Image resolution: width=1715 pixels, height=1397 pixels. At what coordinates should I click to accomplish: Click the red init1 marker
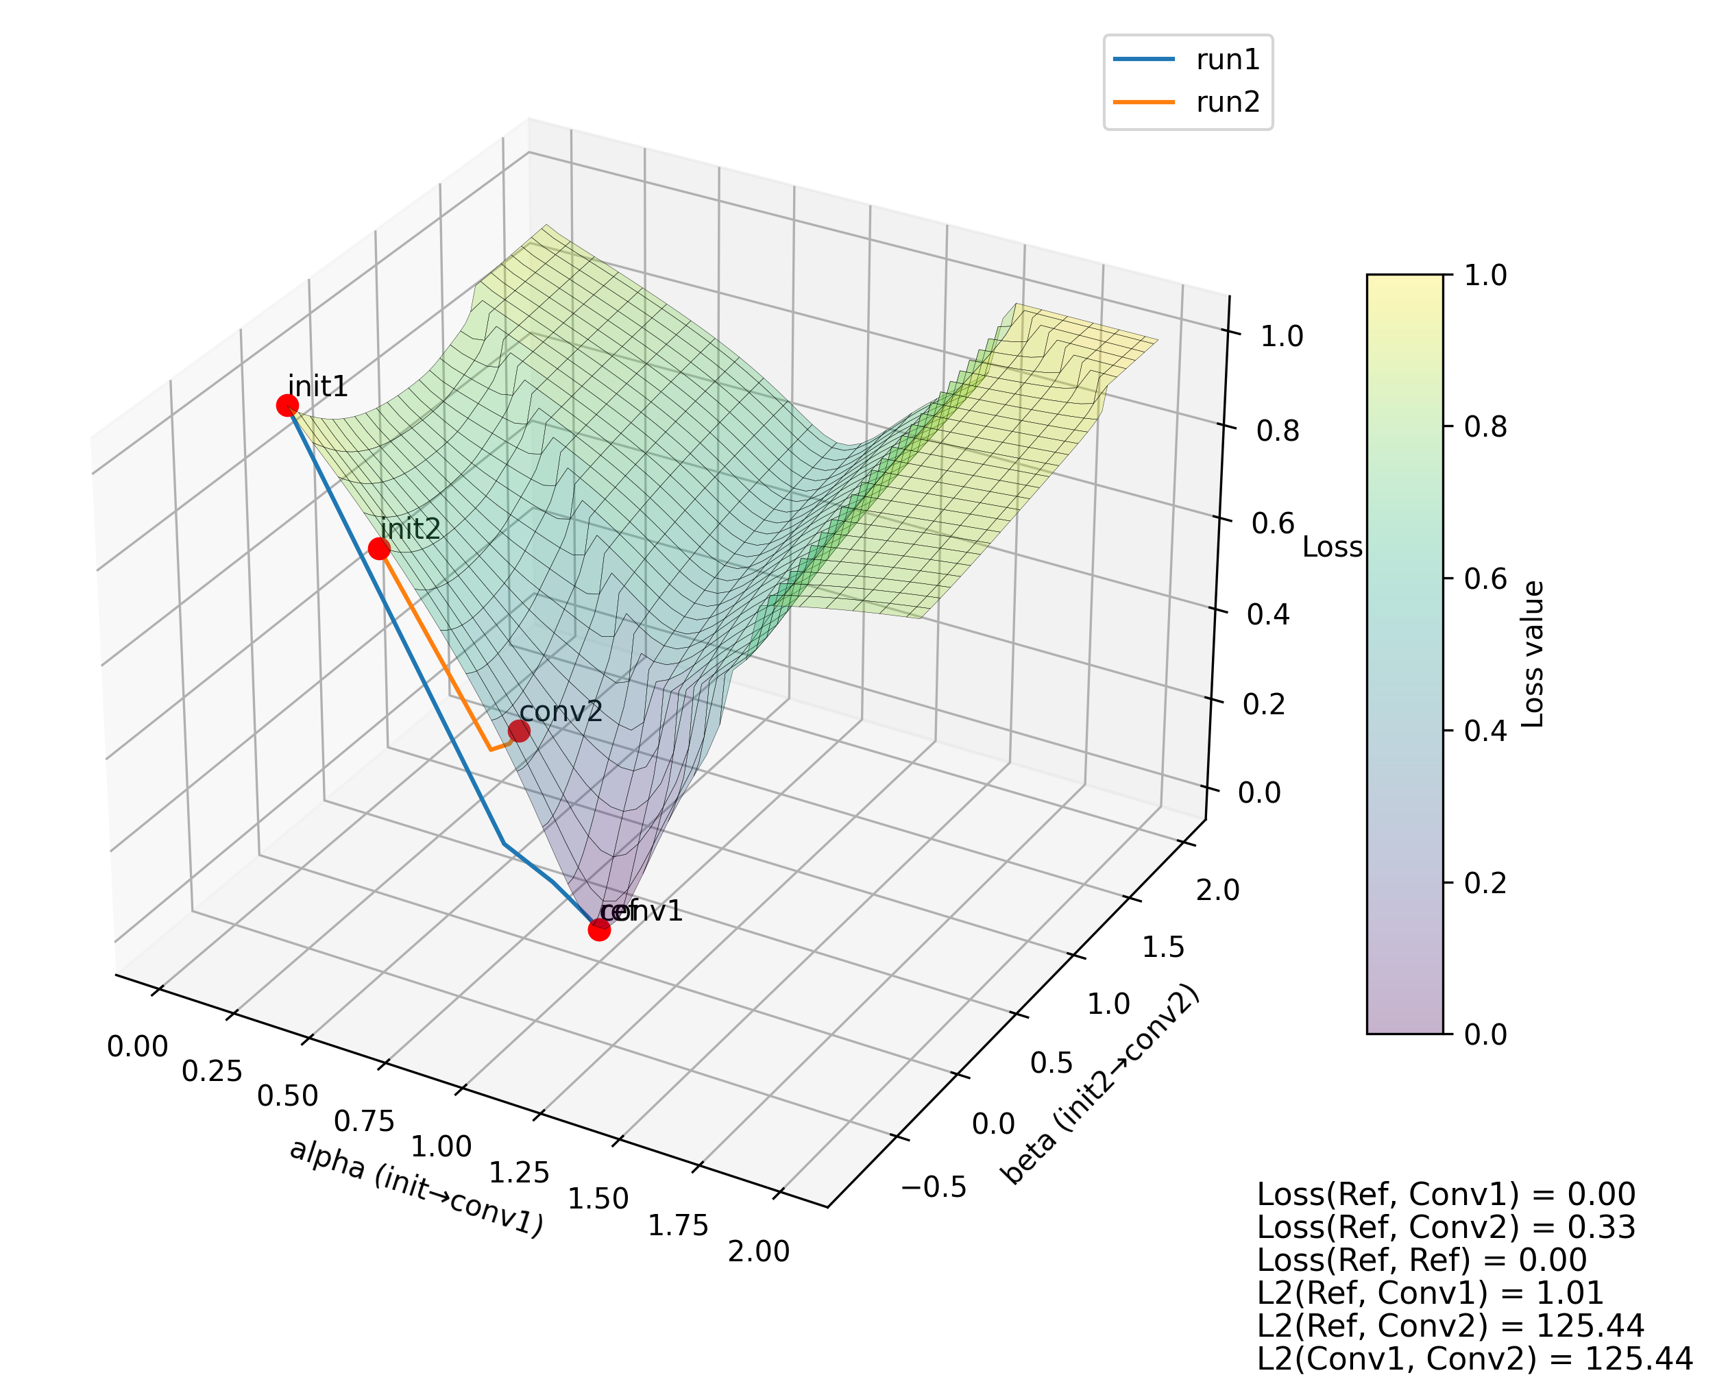tap(287, 406)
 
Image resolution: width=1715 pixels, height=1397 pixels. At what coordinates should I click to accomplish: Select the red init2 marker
tap(379, 549)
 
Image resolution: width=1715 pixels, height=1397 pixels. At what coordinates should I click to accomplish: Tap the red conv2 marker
tap(519, 731)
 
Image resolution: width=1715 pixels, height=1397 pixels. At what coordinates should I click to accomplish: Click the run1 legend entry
tap(1187, 60)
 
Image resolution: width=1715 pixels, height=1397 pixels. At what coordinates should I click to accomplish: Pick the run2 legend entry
tap(1187, 102)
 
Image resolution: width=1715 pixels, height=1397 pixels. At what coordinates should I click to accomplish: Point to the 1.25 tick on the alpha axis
tap(519, 1172)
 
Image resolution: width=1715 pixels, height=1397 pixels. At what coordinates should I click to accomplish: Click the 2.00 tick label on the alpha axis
tap(758, 1252)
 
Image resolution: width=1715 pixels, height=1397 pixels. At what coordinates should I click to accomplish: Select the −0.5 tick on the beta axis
tap(934, 1187)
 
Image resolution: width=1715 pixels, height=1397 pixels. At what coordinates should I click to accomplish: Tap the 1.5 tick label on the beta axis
tap(1163, 948)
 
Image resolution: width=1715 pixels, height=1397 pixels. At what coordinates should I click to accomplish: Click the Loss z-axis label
tap(1332, 547)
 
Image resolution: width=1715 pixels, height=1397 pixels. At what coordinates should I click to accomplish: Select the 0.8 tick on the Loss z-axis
tap(1277, 431)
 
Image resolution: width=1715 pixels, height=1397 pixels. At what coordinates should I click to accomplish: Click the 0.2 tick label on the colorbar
tap(1485, 883)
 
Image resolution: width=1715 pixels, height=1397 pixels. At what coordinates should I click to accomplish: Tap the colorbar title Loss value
tap(1534, 654)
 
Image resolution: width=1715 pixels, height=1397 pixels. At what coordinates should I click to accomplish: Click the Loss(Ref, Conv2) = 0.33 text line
tap(1446, 1227)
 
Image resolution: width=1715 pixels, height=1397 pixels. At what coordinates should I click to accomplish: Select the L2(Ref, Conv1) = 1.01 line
tap(1430, 1292)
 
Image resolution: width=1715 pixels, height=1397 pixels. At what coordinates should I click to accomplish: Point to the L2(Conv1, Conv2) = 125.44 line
tap(1474, 1359)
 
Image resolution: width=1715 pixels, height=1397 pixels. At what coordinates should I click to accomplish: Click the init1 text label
tap(318, 387)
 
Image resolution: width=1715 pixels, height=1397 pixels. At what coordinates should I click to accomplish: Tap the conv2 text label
tap(561, 712)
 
